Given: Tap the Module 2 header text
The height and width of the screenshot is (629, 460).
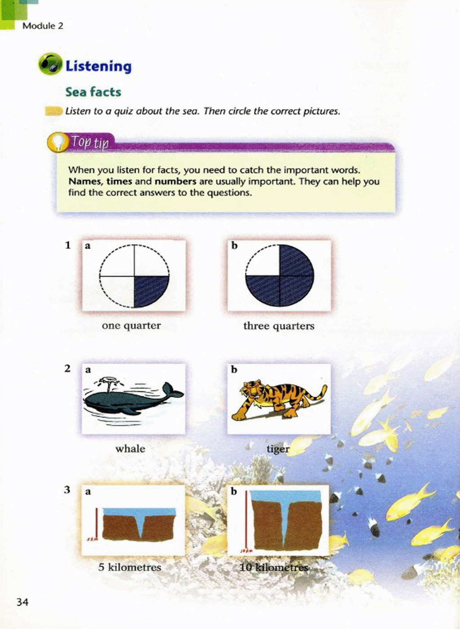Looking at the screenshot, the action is click(43, 26).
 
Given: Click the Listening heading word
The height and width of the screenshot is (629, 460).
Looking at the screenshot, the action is click(98, 66).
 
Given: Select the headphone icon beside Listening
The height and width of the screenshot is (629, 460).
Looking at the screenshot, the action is click(50, 64).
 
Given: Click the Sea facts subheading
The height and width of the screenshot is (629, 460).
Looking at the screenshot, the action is click(93, 92).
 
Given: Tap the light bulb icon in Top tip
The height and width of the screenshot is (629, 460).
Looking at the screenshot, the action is click(58, 142).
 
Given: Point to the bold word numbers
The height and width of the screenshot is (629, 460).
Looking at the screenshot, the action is click(176, 182).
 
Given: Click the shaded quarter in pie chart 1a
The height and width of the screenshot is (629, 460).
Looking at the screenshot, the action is click(150, 291).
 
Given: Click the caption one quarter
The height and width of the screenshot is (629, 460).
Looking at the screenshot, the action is click(132, 326).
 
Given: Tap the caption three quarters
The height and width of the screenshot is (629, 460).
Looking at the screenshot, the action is click(279, 326).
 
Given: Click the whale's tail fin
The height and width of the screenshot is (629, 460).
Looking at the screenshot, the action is click(172, 390).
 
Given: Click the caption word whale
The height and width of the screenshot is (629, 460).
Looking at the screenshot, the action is click(130, 449).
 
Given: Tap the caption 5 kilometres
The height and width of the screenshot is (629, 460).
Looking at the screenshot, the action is click(130, 567).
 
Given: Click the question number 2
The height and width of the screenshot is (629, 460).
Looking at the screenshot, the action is click(67, 369).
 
